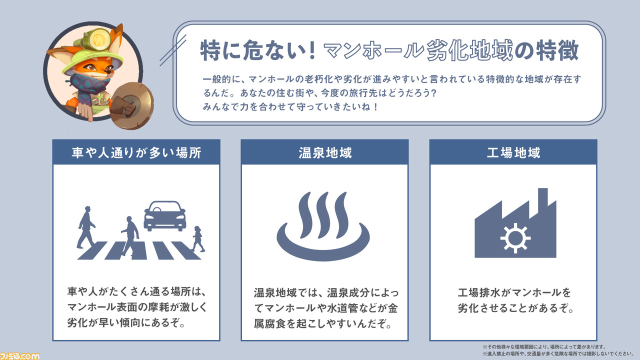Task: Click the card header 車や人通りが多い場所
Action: (136, 152)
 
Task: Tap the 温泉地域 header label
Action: (324, 152)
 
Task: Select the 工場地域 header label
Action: (513, 152)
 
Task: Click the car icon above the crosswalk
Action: (164, 216)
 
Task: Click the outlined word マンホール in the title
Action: (372, 50)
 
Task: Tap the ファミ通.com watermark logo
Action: (20, 354)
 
